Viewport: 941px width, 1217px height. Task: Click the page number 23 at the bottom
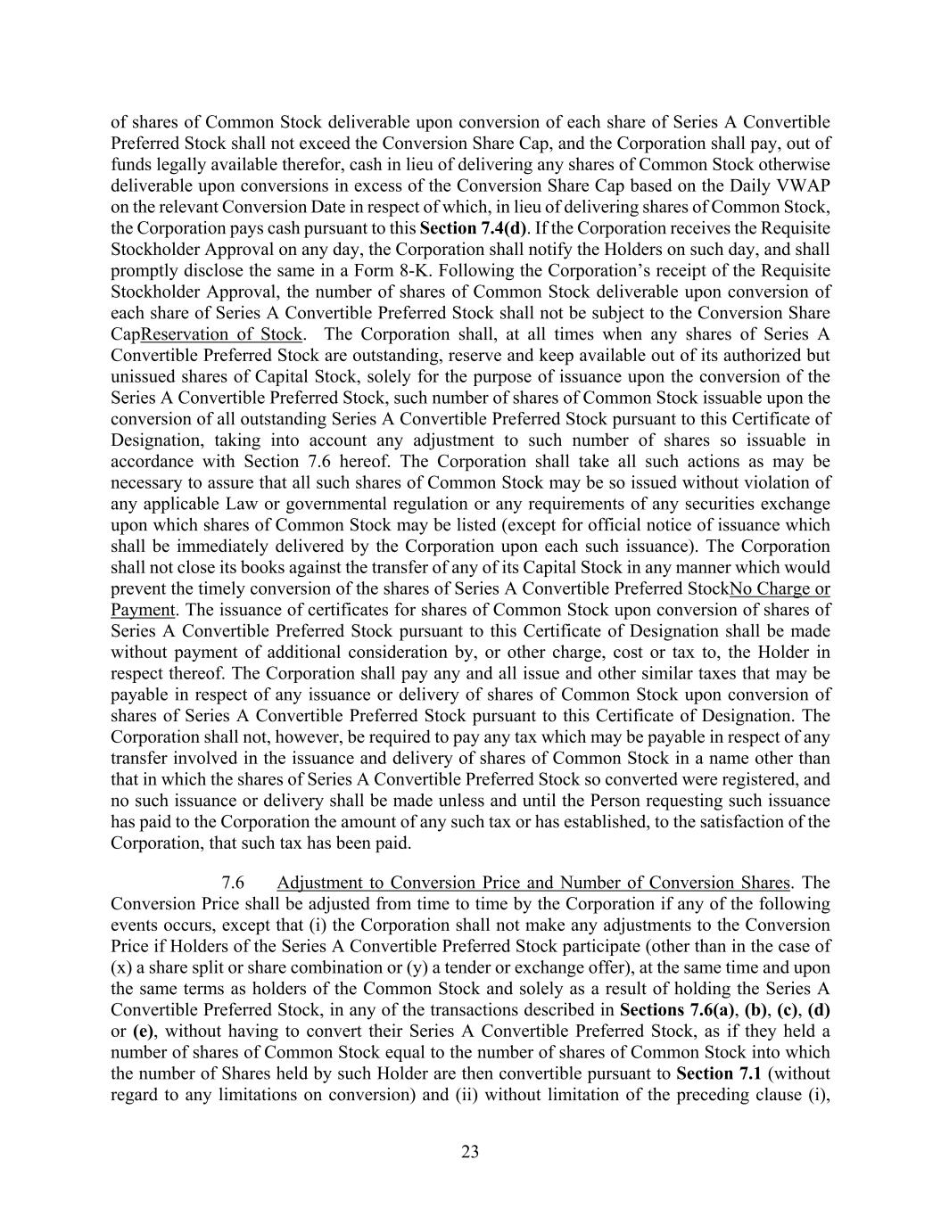(x=470, y=1152)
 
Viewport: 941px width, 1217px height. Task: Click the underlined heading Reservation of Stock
(x=221, y=334)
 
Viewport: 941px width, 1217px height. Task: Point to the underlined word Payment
(x=142, y=610)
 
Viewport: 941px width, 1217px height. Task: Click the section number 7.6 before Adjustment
(x=233, y=883)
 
